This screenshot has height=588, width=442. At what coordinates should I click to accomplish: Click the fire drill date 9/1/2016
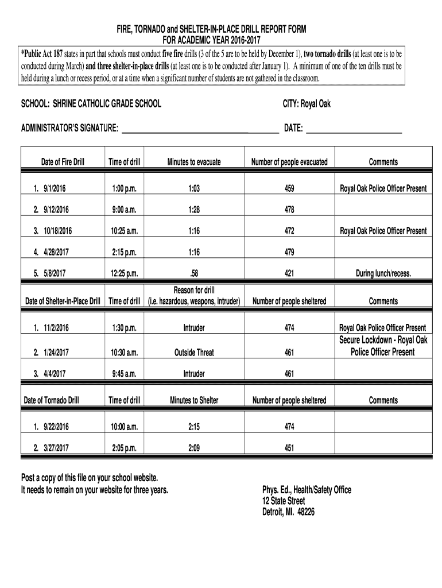pos(55,189)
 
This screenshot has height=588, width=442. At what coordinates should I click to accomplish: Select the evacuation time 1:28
pos(193,210)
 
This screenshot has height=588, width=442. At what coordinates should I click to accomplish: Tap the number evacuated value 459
pos(289,189)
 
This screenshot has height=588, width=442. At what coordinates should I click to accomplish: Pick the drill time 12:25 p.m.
pos(124,274)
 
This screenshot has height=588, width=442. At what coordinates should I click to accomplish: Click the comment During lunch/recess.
pos(383,274)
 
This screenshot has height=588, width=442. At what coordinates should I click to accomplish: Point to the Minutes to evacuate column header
pos(193,163)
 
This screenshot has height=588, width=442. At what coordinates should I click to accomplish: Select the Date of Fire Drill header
pos(63,163)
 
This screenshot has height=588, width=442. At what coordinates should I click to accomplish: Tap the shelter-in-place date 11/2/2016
pos(55,328)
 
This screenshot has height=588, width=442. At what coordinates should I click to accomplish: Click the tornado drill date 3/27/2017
pos(55,448)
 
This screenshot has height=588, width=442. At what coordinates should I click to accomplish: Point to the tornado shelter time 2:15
pos(193,427)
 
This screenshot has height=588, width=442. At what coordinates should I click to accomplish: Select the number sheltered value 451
pos(289,448)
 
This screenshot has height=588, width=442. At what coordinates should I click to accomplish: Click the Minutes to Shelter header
pos(193,400)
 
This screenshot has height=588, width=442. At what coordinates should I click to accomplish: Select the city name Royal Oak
pos(315,104)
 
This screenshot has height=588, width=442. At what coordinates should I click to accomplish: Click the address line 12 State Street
pos(284,501)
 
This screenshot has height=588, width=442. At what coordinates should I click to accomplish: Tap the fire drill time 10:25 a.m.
pos(124,231)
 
